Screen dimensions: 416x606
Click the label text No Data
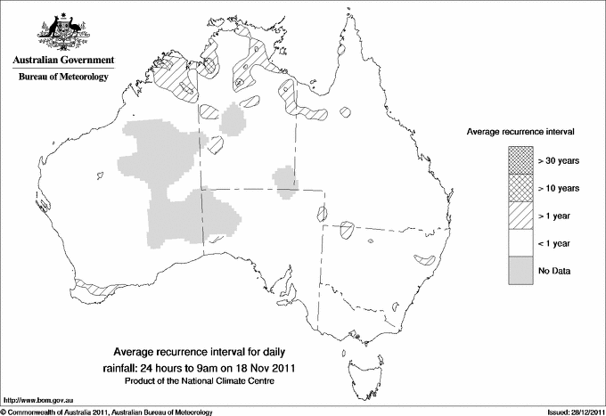coord(553,271)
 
